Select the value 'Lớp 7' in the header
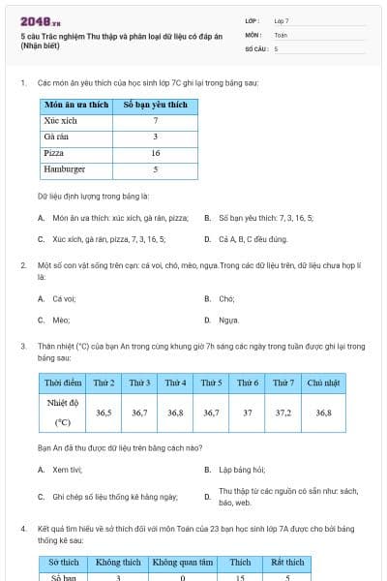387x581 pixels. [282, 20]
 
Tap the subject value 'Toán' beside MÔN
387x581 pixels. [281, 34]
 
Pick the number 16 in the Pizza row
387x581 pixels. [155, 153]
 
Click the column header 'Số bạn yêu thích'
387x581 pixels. [155, 104]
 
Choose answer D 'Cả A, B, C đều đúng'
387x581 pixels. [253, 238]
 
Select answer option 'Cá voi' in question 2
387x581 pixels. [64, 299]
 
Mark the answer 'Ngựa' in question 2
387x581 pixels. [228, 320]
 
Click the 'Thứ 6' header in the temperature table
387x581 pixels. [248, 382]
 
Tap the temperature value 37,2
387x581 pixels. [283, 412]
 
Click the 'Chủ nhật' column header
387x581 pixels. [323, 382]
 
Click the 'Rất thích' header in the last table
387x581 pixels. [289, 562]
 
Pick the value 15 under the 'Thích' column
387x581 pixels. [240, 577]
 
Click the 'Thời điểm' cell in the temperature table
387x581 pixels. [63, 382]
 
